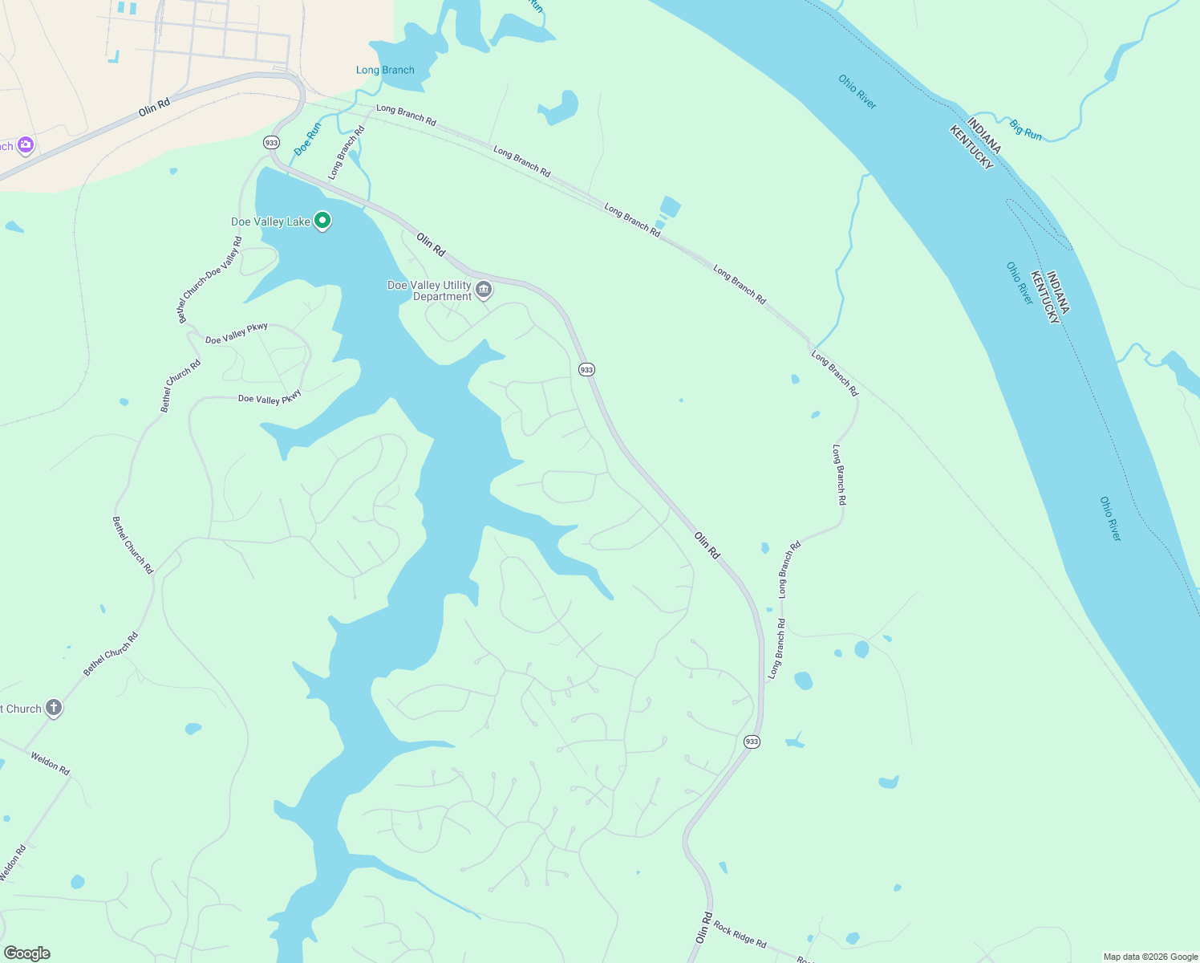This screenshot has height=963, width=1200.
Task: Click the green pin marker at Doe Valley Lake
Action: pyautogui.click(x=322, y=220)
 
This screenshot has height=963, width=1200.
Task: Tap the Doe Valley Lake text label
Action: pyautogui.click(x=270, y=222)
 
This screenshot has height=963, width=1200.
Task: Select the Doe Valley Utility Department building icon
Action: pyautogui.click(x=484, y=290)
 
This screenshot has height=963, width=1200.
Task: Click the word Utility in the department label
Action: pyautogui.click(x=456, y=285)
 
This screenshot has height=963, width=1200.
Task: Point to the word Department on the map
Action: pyautogui.click(x=442, y=297)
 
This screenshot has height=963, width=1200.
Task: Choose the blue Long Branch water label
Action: pyautogui.click(x=385, y=71)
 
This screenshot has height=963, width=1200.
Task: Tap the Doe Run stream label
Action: pyautogui.click(x=307, y=139)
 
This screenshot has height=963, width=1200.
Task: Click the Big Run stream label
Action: pyautogui.click(x=1025, y=130)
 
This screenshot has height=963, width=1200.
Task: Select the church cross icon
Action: pyautogui.click(x=54, y=708)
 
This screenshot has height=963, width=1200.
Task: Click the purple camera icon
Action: pyautogui.click(x=26, y=144)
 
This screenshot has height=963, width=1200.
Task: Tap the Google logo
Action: pyautogui.click(x=27, y=953)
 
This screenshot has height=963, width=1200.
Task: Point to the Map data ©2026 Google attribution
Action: pyautogui.click(x=1150, y=957)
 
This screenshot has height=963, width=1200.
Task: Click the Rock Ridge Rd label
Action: pyautogui.click(x=740, y=935)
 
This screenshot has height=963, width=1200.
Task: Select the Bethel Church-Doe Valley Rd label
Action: pyautogui.click(x=209, y=280)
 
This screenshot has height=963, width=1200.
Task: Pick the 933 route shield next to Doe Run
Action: pyautogui.click(x=271, y=142)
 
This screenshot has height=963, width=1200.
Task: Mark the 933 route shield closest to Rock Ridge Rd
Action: pyautogui.click(x=752, y=742)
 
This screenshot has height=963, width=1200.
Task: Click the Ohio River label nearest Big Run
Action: pyautogui.click(x=857, y=91)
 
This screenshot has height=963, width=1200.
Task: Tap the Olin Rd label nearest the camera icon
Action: pyautogui.click(x=154, y=107)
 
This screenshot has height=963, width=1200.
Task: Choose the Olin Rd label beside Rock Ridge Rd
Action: pyautogui.click(x=703, y=928)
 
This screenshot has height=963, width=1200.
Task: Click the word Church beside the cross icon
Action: pyautogui.click(x=23, y=709)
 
